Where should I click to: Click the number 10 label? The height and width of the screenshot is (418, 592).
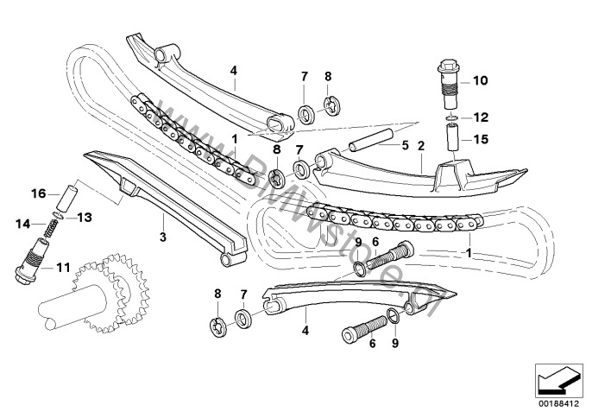coord(480,81)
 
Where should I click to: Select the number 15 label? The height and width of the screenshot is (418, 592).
coord(480,137)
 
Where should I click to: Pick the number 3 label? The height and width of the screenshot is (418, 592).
coord(162,234)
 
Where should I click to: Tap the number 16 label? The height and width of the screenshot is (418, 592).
coord(39,193)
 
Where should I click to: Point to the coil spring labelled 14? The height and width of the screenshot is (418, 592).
coord(52,227)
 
